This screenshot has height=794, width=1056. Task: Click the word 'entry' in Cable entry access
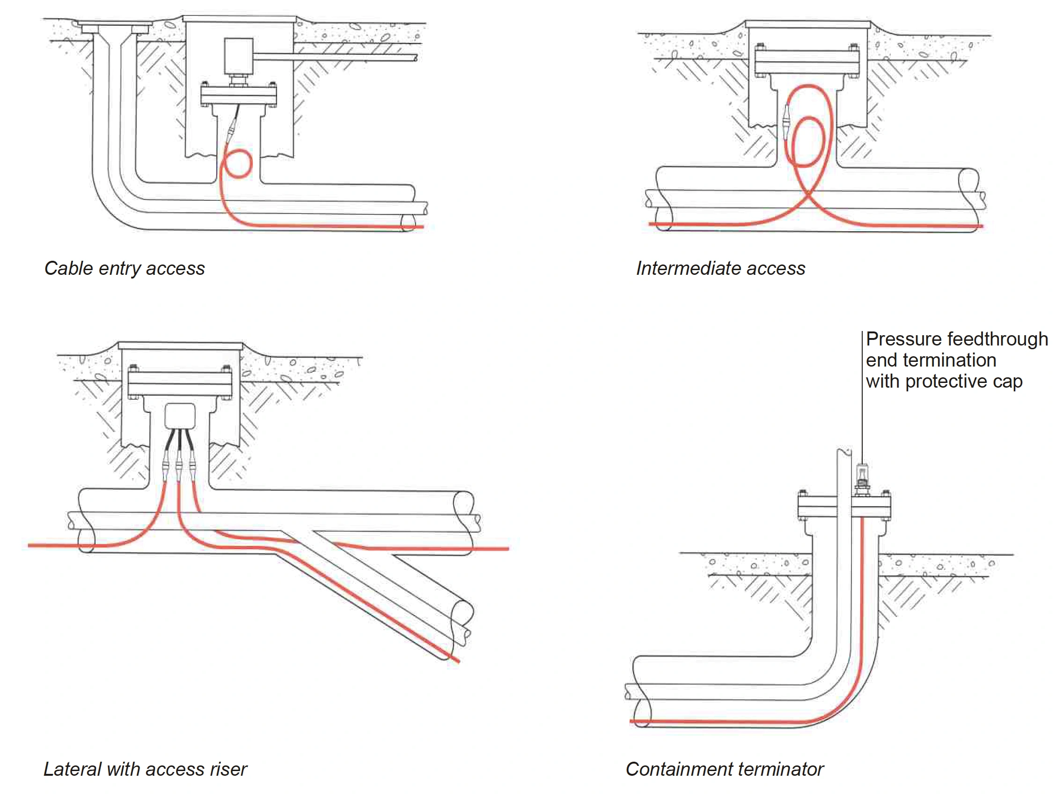tap(119, 269)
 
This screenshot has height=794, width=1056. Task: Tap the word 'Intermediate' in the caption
tap(689, 268)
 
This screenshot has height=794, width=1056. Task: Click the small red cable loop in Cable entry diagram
tap(237, 164)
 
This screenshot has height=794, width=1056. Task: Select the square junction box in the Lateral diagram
tap(180, 416)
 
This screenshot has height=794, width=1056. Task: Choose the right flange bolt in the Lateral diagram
tap(226, 369)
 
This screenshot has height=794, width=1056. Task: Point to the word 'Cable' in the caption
tap(69, 268)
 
